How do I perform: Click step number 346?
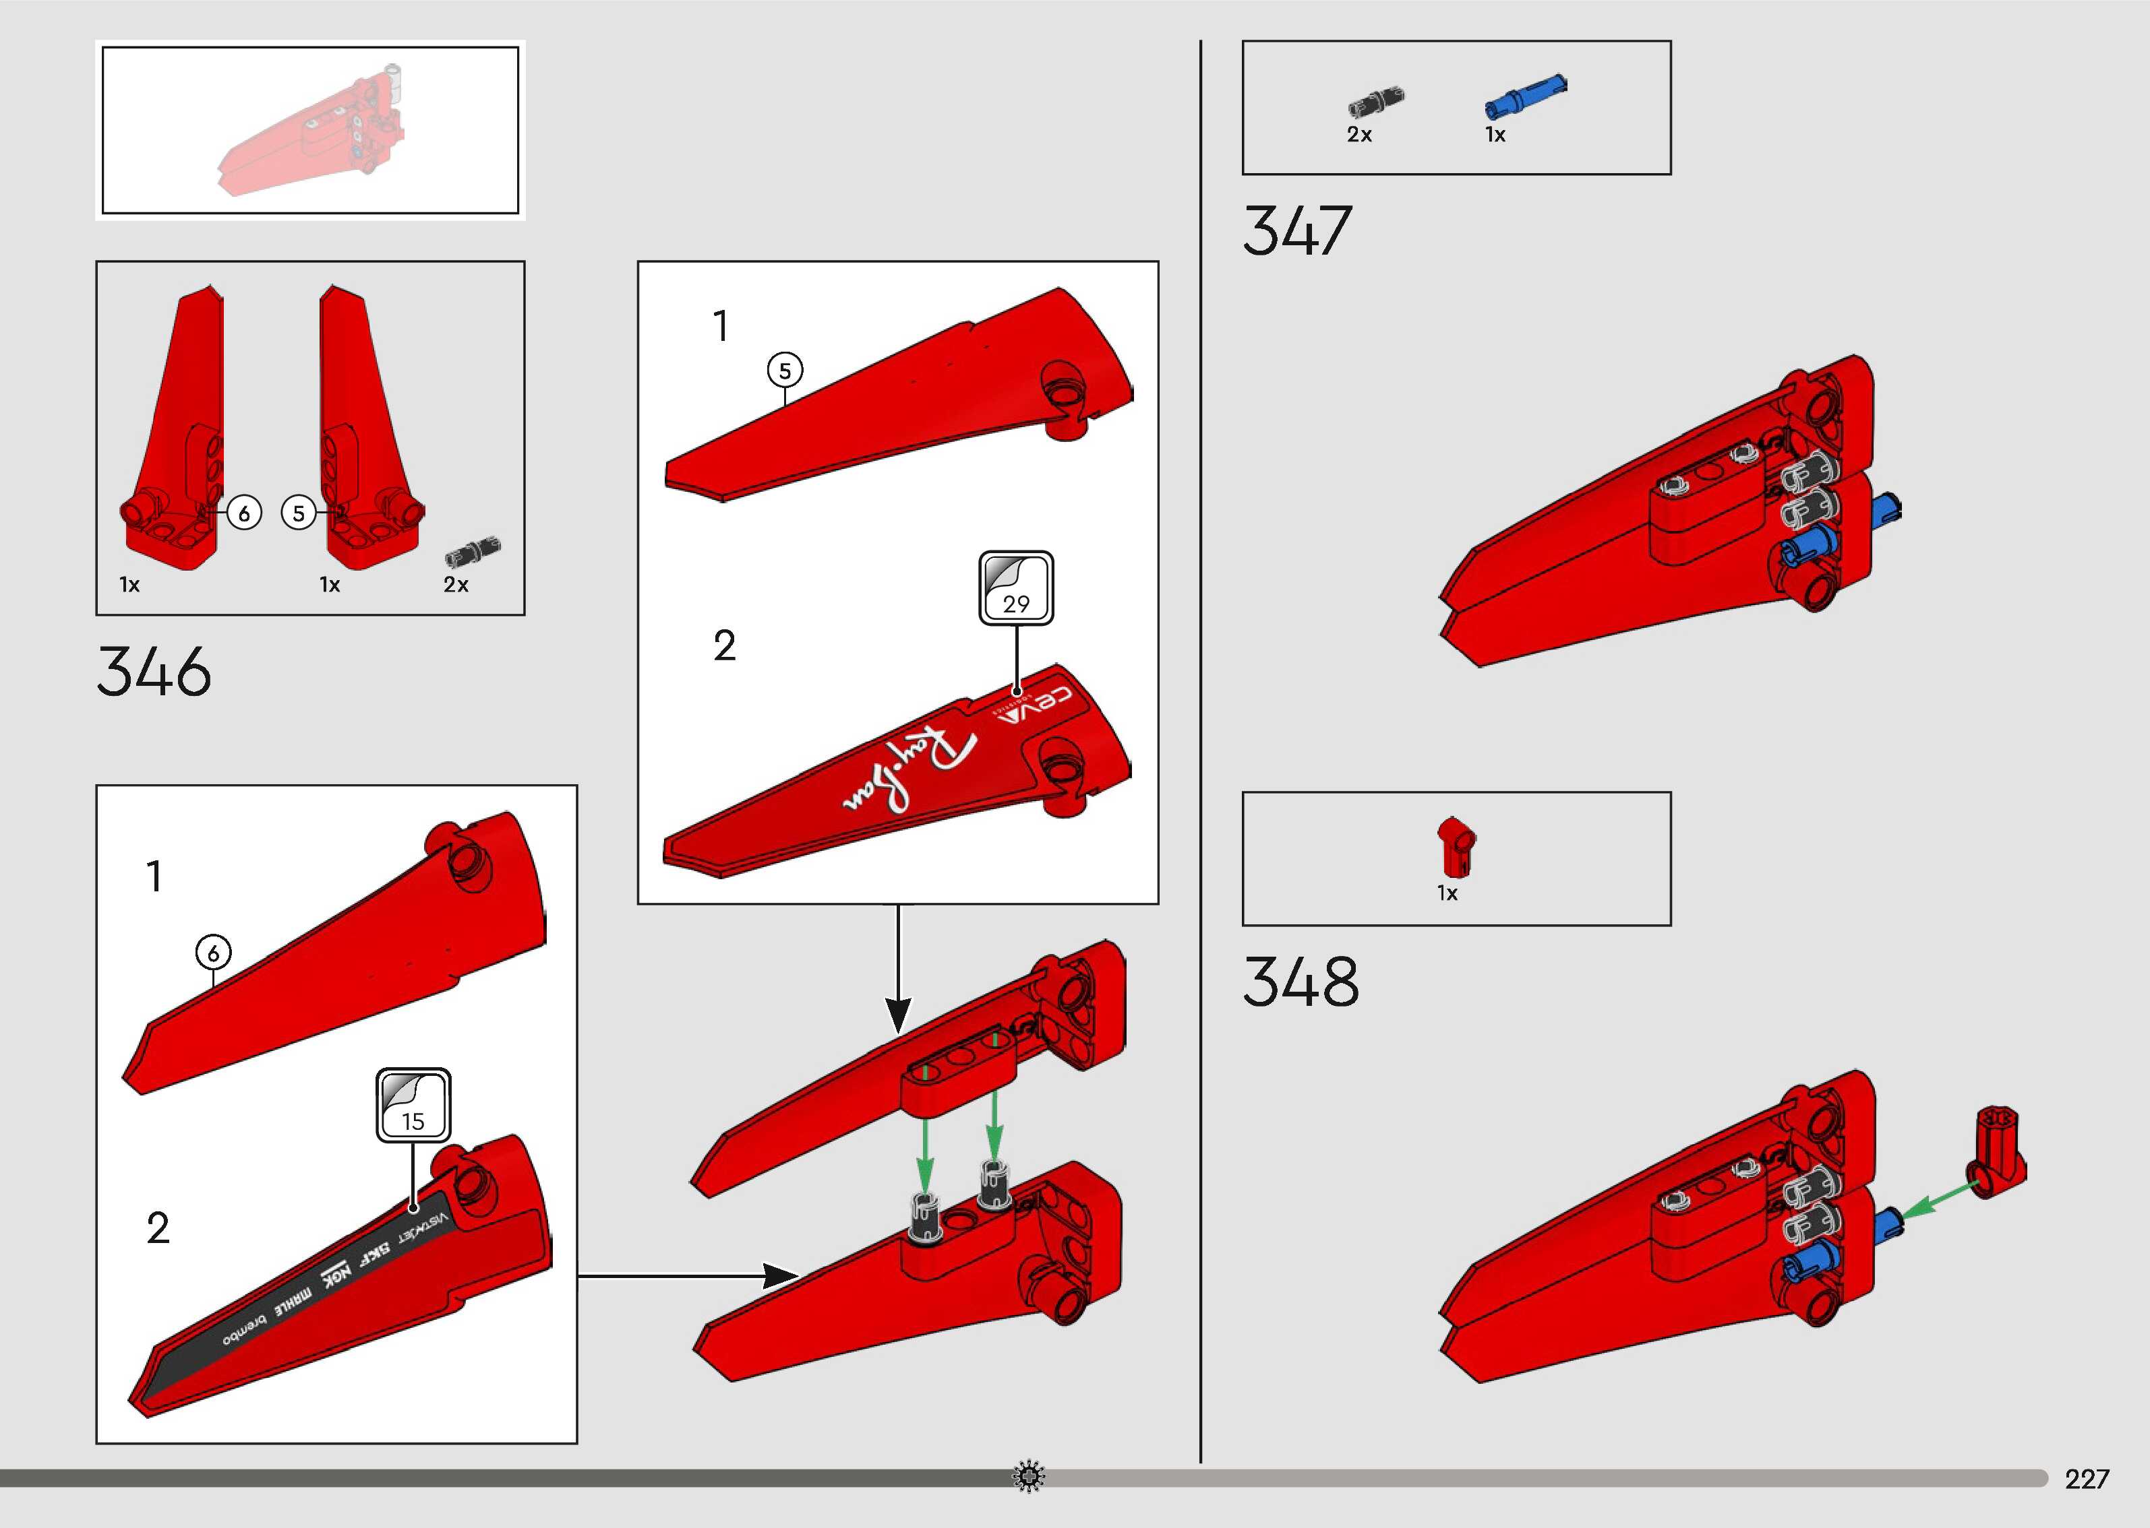click(154, 672)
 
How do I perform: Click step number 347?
click(1297, 232)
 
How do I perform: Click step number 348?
click(1301, 982)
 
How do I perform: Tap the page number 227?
click(2086, 1479)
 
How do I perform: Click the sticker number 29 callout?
click(1016, 589)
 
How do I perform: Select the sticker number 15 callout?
click(413, 1106)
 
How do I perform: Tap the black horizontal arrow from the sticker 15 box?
click(687, 1276)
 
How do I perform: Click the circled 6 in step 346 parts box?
click(245, 513)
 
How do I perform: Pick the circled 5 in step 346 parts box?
click(299, 513)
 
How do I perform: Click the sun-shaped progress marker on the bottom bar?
click(1028, 1476)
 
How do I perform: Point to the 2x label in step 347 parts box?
click(1359, 135)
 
